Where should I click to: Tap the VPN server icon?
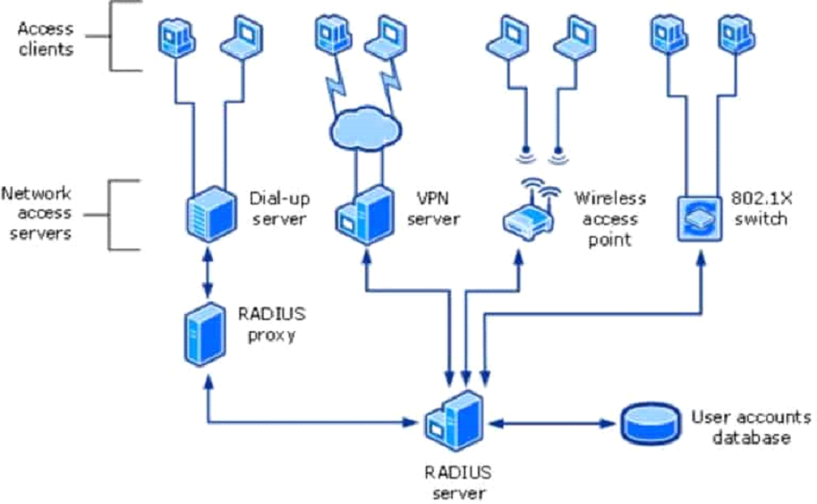coord(364,217)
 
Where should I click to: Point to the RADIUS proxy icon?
coord(205,334)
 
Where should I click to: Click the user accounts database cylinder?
coord(651,424)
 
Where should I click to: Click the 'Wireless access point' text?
coord(610,218)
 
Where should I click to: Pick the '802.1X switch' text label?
coord(758,208)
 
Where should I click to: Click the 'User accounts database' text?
coord(751,428)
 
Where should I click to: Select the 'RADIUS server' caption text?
coord(457,481)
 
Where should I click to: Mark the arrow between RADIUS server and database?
coord(553,424)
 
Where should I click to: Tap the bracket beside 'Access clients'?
coord(113,36)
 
